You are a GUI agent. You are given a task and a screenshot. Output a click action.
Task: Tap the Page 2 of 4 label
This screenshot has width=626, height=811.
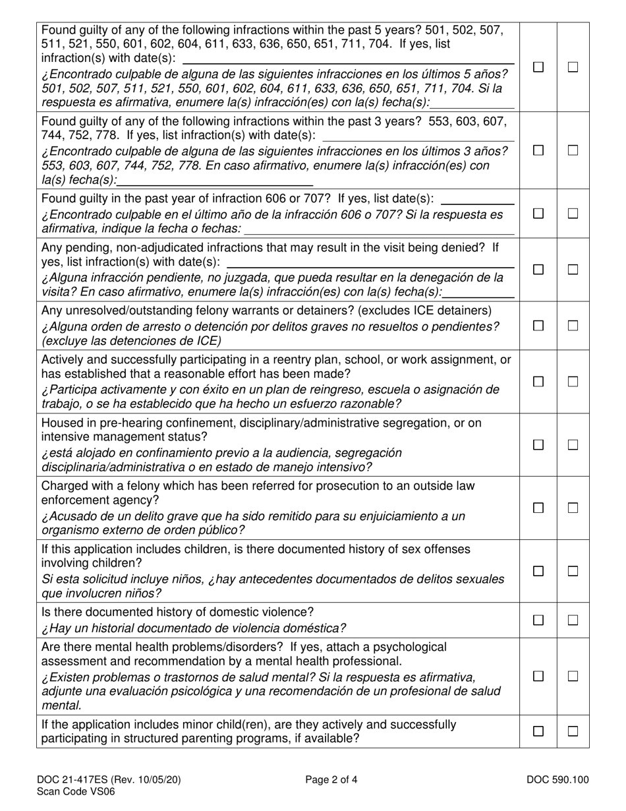(x=331, y=780)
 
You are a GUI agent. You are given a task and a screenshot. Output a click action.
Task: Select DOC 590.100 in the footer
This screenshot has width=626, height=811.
(x=557, y=780)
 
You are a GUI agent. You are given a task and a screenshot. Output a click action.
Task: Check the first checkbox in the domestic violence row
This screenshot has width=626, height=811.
(x=538, y=620)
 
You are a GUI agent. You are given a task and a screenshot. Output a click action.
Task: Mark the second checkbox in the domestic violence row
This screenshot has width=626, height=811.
(x=573, y=620)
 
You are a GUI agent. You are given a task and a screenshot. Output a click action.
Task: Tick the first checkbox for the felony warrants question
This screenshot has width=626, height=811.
(x=538, y=326)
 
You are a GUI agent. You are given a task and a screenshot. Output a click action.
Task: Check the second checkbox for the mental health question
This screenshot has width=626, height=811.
(x=573, y=676)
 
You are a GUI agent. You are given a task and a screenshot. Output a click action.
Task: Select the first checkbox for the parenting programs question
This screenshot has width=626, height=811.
(x=538, y=731)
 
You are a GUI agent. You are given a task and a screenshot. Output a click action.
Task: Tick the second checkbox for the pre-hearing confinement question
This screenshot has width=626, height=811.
(x=573, y=445)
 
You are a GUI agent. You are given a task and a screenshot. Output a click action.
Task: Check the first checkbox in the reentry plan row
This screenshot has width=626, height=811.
(x=538, y=382)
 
